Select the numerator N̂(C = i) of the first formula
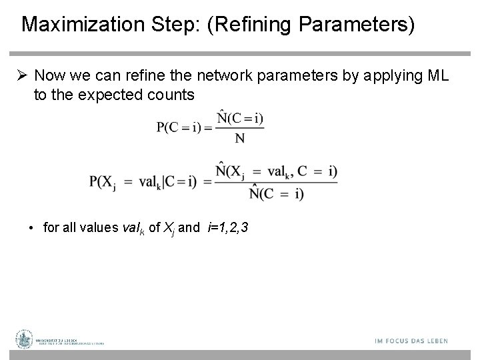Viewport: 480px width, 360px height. [x=235, y=118]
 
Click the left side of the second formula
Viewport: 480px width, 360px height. [x=143, y=181]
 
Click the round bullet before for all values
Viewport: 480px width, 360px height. [x=32, y=228]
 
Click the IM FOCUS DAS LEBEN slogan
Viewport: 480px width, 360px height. [x=411, y=341]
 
